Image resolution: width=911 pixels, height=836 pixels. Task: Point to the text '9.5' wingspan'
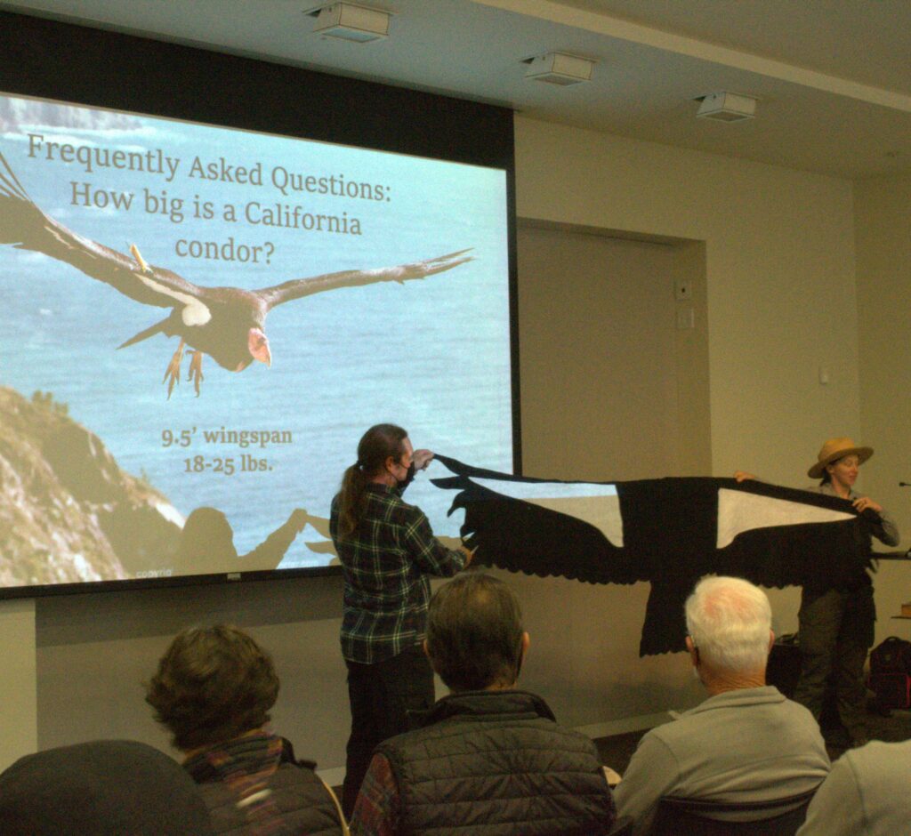point(226,438)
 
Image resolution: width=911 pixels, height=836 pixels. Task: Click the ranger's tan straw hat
point(839,454)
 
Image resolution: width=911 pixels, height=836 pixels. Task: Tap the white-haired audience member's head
point(728,623)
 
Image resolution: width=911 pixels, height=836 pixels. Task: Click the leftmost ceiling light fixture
point(351,20)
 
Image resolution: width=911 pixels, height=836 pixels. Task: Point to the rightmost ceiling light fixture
point(725,106)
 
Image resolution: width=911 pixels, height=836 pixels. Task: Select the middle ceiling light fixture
point(557,68)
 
